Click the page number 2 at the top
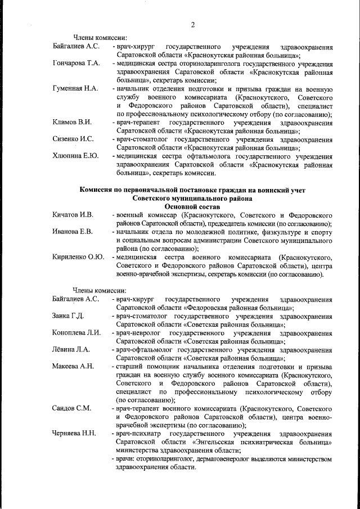coord(192,25)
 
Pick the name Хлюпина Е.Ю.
coord(75,155)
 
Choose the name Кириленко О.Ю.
coord(78,257)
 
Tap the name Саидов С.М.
coord(71,408)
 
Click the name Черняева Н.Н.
coord(74,434)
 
